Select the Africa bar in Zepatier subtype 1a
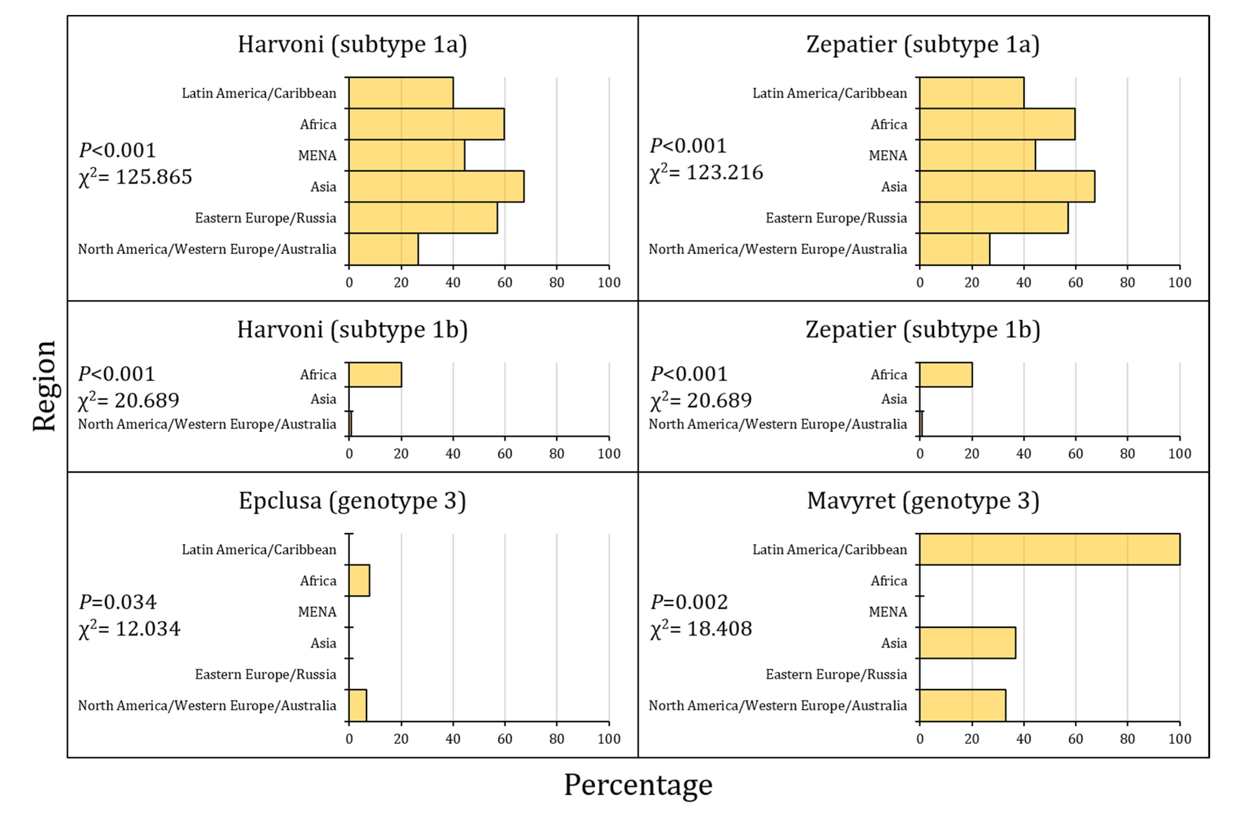(997, 124)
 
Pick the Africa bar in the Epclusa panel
(359, 580)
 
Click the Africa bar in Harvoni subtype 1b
(375, 375)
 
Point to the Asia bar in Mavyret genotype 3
(967, 643)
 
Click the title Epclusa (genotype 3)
(352, 501)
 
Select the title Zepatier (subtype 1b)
(922, 330)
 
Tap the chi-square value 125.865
(153, 177)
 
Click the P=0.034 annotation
(118, 602)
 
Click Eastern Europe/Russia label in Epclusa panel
(265, 674)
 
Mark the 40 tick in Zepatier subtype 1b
(1023, 454)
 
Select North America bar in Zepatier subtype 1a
(954, 249)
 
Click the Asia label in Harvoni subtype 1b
(323, 399)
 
